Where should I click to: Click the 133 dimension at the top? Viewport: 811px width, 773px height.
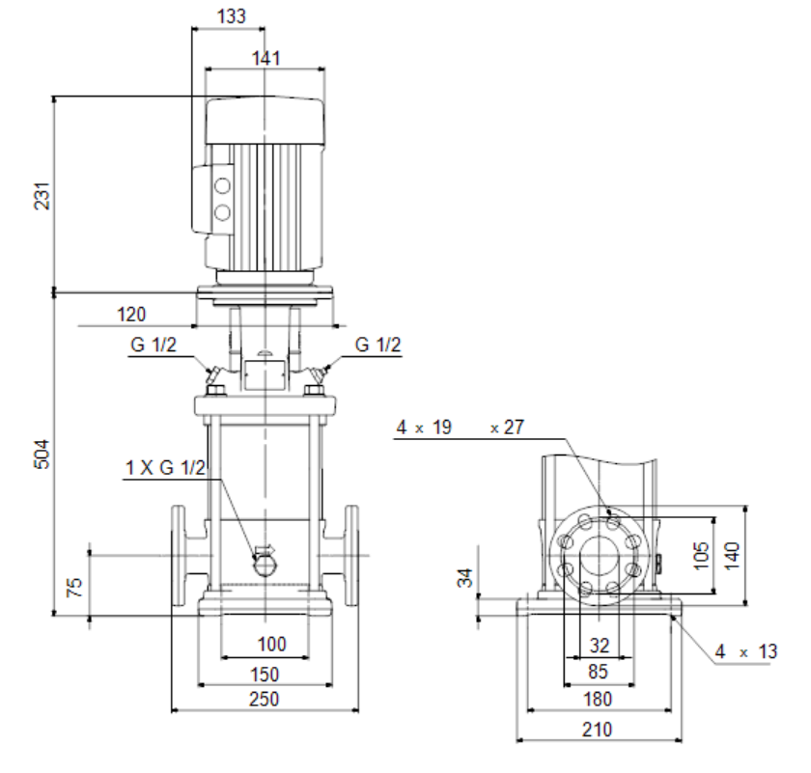click(231, 16)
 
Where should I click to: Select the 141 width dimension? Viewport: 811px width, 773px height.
click(266, 58)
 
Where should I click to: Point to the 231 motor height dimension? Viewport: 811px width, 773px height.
click(42, 196)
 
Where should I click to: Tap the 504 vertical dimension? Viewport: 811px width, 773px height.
click(42, 454)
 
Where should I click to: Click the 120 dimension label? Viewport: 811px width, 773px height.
click(131, 315)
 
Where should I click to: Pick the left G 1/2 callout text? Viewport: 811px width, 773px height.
click(154, 345)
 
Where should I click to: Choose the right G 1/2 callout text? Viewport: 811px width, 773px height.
click(378, 345)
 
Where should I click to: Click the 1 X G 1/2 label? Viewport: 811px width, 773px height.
click(165, 467)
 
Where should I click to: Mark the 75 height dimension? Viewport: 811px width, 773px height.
click(74, 588)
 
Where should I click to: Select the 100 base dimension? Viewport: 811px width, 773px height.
click(271, 645)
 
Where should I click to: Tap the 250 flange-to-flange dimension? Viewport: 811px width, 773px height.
click(264, 699)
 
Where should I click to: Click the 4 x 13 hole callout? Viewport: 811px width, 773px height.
click(745, 651)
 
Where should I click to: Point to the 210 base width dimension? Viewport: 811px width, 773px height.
click(598, 730)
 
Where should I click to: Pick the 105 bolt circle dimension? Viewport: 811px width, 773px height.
click(701, 555)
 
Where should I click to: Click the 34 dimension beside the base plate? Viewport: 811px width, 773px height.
click(465, 577)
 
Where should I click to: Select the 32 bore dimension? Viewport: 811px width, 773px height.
click(600, 646)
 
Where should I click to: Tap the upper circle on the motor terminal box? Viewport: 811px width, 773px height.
click(222, 186)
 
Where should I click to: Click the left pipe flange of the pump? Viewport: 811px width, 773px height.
click(178, 555)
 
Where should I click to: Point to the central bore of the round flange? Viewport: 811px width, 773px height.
click(599, 556)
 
